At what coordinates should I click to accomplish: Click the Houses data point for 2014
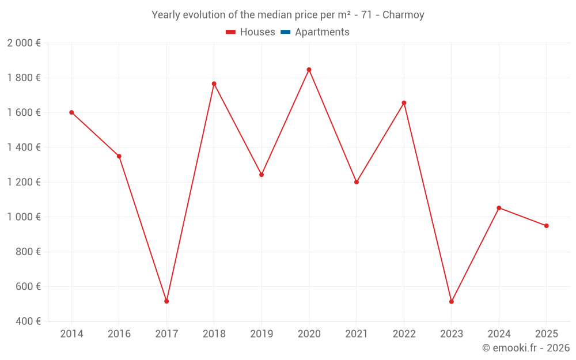point(71,112)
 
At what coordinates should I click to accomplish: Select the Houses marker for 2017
point(166,301)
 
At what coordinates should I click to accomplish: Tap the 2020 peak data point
point(309,70)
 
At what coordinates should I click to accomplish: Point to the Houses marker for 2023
point(452,302)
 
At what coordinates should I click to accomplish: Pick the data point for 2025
point(547,226)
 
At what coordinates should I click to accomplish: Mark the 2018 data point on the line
point(214,84)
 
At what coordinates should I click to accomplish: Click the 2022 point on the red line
point(404,103)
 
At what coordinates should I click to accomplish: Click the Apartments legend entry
point(322,32)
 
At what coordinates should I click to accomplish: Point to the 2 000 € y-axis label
point(24,43)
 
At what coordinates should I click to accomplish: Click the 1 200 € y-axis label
point(24,182)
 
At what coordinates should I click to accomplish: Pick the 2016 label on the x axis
point(119,334)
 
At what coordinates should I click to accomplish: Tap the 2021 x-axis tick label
point(357,334)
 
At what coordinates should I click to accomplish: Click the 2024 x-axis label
point(499,334)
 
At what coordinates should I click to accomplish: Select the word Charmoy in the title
point(406,15)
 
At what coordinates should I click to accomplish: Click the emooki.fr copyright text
point(526,348)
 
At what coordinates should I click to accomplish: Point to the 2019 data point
point(262,175)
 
